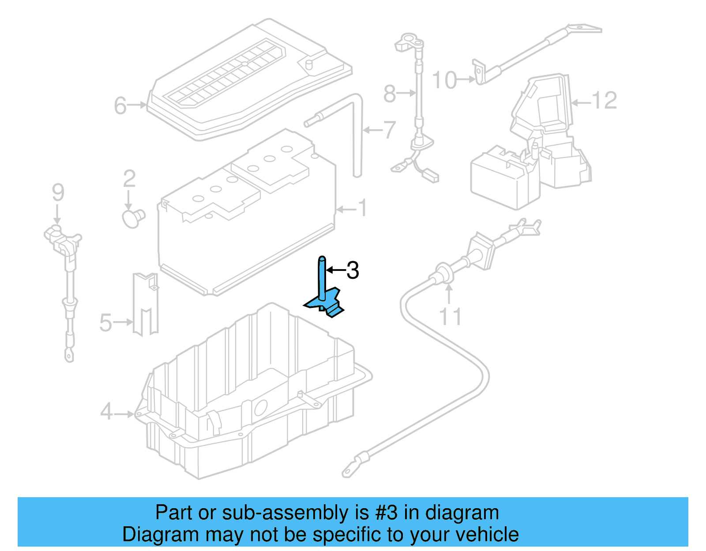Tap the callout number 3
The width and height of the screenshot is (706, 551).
tap(353, 270)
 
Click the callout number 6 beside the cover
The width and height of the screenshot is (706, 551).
tap(120, 106)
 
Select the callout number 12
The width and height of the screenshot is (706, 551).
tap(604, 101)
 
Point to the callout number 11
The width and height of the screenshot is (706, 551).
tap(450, 317)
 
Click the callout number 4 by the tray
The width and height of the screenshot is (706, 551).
tap(106, 412)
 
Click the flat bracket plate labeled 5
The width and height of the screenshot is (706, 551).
tap(146, 304)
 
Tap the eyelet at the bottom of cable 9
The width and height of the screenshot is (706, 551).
tap(69, 354)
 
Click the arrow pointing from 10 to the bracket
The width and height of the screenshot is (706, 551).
tap(466, 80)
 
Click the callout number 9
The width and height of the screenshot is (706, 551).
tap(58, 192)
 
